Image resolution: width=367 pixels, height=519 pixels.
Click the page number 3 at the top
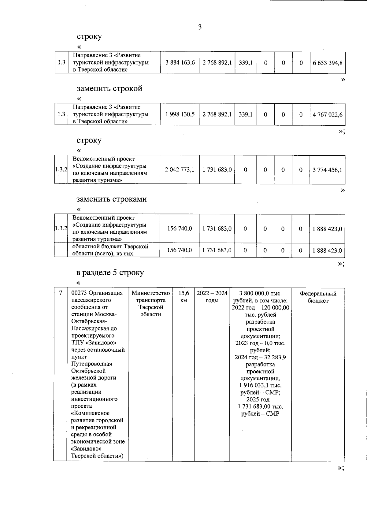[x=200, y=27]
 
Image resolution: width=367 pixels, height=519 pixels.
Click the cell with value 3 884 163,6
[x=180, y=63]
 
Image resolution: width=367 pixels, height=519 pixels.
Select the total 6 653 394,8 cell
[x=327, y=63]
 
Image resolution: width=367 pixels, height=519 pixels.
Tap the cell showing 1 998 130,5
[x=180, y=114]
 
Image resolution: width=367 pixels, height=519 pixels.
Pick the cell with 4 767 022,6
[x=327, y=115]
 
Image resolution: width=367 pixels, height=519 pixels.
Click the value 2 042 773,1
[x=180, y=169]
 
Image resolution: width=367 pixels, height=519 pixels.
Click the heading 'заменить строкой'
[x=109, y=89]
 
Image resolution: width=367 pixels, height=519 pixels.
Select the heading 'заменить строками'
[x=111, y=199]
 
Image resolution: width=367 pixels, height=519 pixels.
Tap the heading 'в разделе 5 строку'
[x=110, y=272]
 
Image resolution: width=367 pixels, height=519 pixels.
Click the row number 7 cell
[x=60, y=293]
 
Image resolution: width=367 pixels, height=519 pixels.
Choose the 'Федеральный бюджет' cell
[x=318, y=297]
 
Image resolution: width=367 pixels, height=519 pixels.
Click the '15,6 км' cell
[x=183, y=297]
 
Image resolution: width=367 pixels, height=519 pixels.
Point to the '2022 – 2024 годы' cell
[x=212, y=297]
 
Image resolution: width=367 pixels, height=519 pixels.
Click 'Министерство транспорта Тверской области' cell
[x=150, y=304]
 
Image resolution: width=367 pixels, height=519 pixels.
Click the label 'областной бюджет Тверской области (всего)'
[x=110, y=250]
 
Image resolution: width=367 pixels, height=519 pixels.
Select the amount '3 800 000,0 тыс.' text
[x=260, y=293]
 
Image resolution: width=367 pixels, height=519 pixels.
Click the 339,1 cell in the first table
[x=246, y=63]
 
